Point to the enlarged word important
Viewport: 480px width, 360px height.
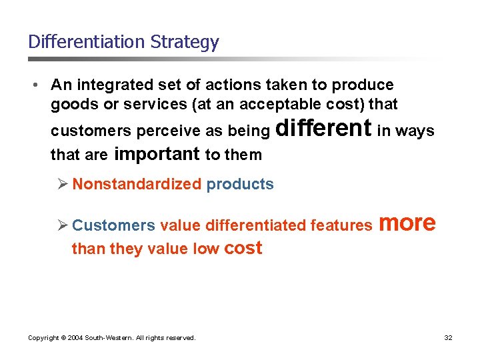(157, 155)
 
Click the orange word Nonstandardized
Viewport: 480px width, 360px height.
(137, 184)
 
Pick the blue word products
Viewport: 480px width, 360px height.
(240, 185)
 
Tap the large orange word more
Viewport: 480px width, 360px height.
(407, 223)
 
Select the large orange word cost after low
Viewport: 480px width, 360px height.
(243, 249)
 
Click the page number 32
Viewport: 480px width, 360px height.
(448, 338)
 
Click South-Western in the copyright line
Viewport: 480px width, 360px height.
(108, 338)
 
